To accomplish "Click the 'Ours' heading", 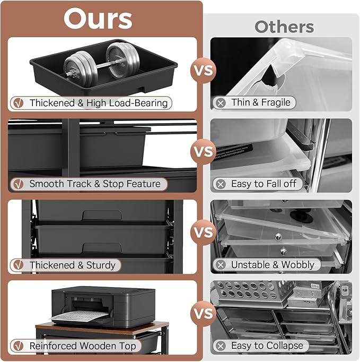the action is point(98,19).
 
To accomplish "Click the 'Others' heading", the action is point(284,27).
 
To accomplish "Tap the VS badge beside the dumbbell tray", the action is point(203,70).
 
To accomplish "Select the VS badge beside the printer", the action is point(203,314).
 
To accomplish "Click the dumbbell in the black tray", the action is point(101,62).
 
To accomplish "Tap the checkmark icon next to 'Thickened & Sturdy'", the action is point(18,265).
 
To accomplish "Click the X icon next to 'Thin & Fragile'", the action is point(221,102).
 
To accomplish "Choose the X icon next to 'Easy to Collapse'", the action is point(221,346).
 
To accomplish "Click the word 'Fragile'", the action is point(275,102).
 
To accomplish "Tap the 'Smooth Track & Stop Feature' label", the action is point(95,184).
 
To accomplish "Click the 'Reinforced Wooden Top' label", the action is point(83,346).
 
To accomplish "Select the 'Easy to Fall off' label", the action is point(264,184).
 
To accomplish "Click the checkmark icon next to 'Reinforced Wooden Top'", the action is point(18,346).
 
